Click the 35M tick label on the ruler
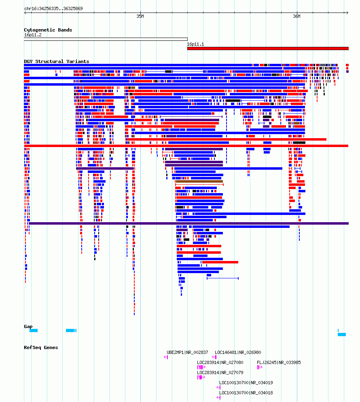point(140,17)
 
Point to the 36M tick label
point(296,17)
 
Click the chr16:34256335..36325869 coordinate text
point(53,8)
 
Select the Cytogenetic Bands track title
point(48,30)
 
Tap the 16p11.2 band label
point(33,35)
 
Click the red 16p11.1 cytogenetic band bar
point(268,48)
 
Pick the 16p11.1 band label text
point(195,44)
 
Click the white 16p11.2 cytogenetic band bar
point(106,39)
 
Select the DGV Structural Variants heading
point(57,61)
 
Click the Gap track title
point(28,326)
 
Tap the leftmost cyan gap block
point(34,330)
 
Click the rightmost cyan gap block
point(342,334)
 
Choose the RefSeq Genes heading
point(41,347)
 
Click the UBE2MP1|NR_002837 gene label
point(187,353)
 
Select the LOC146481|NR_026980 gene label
point(238,353)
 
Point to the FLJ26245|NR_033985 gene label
point(279,362)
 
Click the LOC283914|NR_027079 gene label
point(220,373)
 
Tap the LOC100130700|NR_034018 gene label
point(246,393)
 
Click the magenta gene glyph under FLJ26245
point(260,367)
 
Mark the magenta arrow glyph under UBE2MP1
point(166,357)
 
